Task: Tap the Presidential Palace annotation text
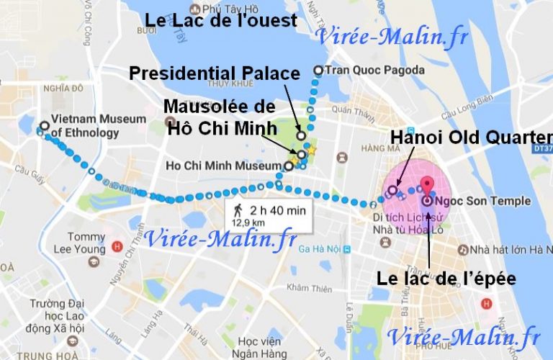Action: [214, 73]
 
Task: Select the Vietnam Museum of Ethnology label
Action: [89, 127]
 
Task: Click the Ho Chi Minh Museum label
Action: [224, 165]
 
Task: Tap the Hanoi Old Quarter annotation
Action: [472, 138]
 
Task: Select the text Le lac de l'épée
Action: [446, 278]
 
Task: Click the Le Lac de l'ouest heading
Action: [221, 20]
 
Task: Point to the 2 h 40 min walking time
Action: [278, 211]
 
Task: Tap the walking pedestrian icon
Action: [238, 211]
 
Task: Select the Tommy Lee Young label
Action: [81, 243]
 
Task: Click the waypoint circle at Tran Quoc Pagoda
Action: [318, 70]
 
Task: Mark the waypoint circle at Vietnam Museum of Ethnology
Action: [45, 126]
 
